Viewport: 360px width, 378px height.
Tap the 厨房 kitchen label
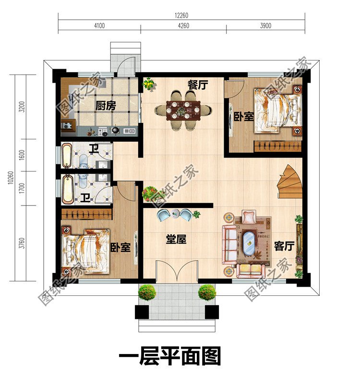[x=106, y=106]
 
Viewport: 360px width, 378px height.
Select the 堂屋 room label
[x=176, y=239]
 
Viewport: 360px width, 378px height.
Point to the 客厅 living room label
[x=284, y=246]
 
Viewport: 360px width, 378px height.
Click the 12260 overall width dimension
[x=181, y=15]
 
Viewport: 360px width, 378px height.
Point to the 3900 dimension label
[x=265, y=26]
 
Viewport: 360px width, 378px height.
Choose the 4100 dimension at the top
[x=99, y=26]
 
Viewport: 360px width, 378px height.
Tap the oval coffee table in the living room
[x=249, y=244]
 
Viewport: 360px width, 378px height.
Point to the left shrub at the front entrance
[x=147, y=292]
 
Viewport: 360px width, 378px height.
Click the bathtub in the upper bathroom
[x=67, y=156]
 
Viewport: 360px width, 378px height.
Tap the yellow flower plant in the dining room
[x=149, y=85]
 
